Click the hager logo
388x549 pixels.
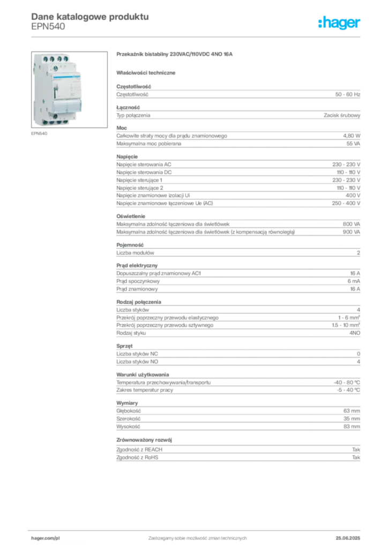[339, 23]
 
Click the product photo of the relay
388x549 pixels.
[69, 90]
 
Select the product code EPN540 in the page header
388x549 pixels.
[48, 27]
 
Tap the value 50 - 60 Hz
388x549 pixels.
[347, 94]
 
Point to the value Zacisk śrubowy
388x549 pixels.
[342, 115]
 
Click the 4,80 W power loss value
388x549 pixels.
[351, 136]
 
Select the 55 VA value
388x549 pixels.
[353, 144]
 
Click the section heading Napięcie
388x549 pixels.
[127, 157]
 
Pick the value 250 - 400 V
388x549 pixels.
[346, 203]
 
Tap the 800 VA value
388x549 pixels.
[351, 224]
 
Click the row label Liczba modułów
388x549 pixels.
[135, 253]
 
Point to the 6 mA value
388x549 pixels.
[354, 281]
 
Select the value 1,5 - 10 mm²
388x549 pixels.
[346, 325]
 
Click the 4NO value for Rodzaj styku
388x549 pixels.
[355, 333]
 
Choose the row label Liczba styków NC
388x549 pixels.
[137, 354]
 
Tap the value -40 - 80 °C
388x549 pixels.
[347, 382]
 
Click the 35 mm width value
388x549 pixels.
[352, 419]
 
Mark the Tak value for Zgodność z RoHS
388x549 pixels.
[356, 457]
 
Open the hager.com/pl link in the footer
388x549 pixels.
[46, 538]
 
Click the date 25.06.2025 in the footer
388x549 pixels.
[348, 538]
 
